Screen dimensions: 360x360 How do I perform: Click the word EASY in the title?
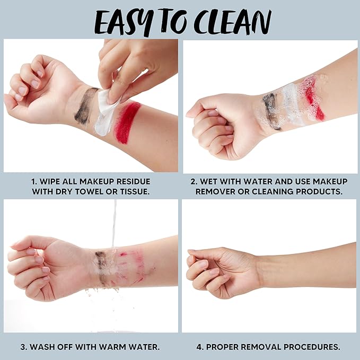(x=124, y=22)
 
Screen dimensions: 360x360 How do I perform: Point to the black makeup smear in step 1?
(x=85, y=105)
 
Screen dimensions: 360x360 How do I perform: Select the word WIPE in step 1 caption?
(x=50, y=181)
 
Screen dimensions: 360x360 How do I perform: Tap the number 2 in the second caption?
(x=194, y=181)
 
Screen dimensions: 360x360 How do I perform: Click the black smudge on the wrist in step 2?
(x=271, y=110)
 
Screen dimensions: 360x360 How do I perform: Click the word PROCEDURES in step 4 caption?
(x=312, y=347)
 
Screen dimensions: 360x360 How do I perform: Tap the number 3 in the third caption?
(x=23, y=347)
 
